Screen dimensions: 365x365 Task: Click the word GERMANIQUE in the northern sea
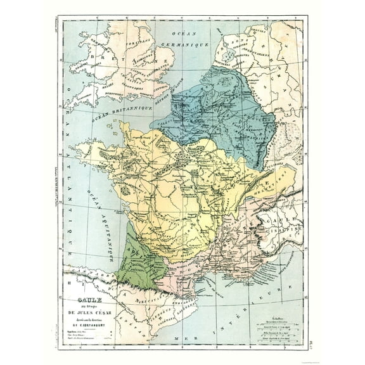pyautogui.click(x=188, y=46)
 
